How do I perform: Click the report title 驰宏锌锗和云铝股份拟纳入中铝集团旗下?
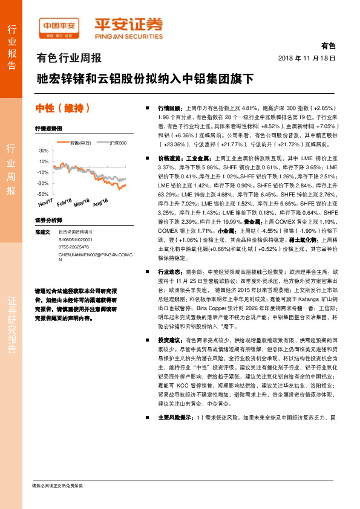145,79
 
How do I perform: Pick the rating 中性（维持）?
64,109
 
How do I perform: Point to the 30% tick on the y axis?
44,151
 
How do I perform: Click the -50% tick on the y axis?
44,194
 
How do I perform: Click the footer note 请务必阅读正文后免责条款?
57,485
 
